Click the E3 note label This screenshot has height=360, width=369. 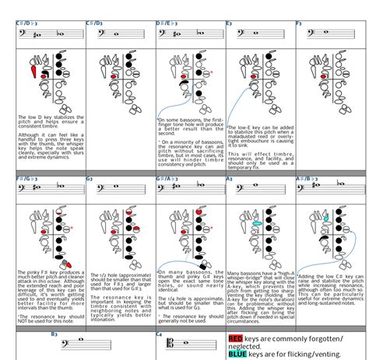(230, 23)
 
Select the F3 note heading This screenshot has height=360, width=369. (298, 23)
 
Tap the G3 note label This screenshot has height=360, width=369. (90, 179)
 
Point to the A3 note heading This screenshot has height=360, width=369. (230, 179)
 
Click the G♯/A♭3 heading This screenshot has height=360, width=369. (170, 179)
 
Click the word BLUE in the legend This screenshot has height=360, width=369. (237, 354)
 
